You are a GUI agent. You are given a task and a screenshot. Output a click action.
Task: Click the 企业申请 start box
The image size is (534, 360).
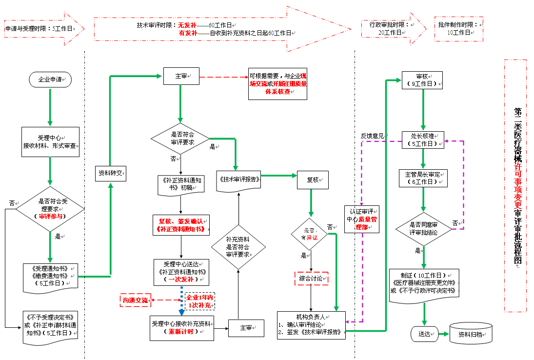tap(50, 79)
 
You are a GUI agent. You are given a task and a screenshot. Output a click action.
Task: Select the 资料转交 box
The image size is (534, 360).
tap(110, 173)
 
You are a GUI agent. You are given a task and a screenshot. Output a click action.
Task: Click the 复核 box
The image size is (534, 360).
tap(313, 180)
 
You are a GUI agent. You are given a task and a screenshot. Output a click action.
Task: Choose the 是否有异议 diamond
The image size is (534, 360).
tap(309, 234)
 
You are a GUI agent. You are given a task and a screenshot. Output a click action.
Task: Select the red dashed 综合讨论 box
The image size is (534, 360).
tap(311, 279)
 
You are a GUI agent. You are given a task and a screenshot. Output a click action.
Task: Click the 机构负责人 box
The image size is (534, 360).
tap(311, 324)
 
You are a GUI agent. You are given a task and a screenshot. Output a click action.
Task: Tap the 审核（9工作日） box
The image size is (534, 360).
tap(422, 80)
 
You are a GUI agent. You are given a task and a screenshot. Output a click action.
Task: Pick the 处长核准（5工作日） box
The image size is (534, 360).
tap(422, 140)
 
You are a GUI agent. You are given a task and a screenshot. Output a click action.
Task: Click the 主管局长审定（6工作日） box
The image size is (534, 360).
tap(423, 178)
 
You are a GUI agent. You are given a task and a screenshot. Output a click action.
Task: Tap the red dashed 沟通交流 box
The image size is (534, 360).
tap(135, 300)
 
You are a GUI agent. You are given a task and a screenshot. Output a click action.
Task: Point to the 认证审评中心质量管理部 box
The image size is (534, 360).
tap(361, 219)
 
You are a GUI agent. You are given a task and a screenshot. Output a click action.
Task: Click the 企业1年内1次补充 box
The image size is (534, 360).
tap(199, 301)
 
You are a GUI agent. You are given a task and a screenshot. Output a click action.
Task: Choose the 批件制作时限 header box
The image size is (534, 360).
tap(458, 28)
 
